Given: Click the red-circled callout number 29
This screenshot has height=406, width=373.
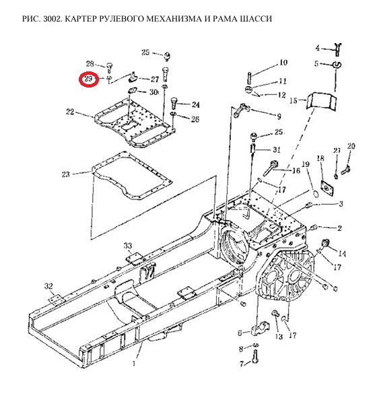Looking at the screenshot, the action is tap(88, 79).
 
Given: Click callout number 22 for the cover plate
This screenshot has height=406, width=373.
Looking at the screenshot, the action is tap(70, 112).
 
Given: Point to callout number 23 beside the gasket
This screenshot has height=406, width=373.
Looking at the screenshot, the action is tap(66, 174).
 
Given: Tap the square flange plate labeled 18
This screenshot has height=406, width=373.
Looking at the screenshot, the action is tap(327, 187).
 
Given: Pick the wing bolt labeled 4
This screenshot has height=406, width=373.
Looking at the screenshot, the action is tap(337, 48).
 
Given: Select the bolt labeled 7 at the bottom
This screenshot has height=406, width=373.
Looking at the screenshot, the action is tap(255, 356).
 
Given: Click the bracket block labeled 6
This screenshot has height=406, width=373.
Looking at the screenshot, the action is tap(260, 327).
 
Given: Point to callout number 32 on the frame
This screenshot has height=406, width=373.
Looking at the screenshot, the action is tap(48, 286).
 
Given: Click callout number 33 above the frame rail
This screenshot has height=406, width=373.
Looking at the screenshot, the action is tap(128, 246).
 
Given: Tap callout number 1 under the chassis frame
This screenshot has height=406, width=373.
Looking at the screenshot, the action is tap(134, 364).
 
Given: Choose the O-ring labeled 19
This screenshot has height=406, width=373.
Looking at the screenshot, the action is tap(314, 193).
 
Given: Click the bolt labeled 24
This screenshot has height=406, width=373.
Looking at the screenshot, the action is tap(174, 103).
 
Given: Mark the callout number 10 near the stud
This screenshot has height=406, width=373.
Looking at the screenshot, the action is tap(283, 63).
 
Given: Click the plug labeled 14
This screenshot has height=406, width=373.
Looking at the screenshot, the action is tap(324, 244).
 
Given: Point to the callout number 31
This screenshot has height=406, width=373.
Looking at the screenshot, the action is tap(277, 149).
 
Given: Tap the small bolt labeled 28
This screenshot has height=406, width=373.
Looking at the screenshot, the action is tap(110, 66).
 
